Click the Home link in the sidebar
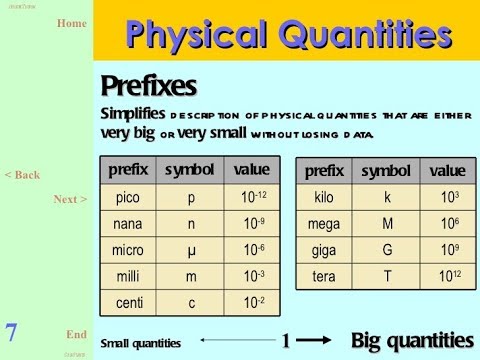[72, 23]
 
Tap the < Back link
[22, 175]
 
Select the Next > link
[70, 199]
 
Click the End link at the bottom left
[76, 334]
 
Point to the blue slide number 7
[11, 333]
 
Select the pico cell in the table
[128, 198]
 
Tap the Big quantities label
[412, 341]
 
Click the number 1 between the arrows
[285, 341]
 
